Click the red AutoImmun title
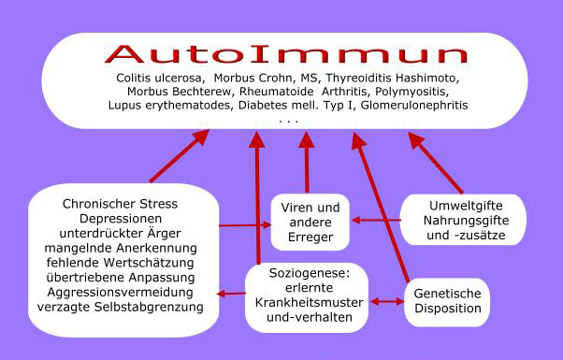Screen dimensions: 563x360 coord(286,54)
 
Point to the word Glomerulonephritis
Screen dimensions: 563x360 coord(414,105)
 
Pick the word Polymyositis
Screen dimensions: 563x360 coord(411,92)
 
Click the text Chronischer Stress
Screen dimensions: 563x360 coord(120,204)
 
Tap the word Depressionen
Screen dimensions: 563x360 coord(121,219)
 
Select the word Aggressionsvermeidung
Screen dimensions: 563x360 coord(121,292)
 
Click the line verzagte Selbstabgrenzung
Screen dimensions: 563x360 coord(121,307)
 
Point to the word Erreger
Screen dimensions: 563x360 coord(310,238)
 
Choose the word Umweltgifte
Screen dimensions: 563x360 coord(466,206)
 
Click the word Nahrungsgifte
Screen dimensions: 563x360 coord(466,221)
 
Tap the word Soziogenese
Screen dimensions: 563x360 coord(308,273)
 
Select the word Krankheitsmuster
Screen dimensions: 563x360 coord(310,303)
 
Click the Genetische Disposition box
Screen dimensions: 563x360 coord(447,302)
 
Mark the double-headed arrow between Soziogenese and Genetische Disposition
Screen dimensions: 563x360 coord(387,301)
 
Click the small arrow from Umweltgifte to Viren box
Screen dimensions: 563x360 coord(377,220)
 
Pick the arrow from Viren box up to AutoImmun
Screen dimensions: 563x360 coord(307,162)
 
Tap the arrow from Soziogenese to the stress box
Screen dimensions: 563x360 coord(231,294)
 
